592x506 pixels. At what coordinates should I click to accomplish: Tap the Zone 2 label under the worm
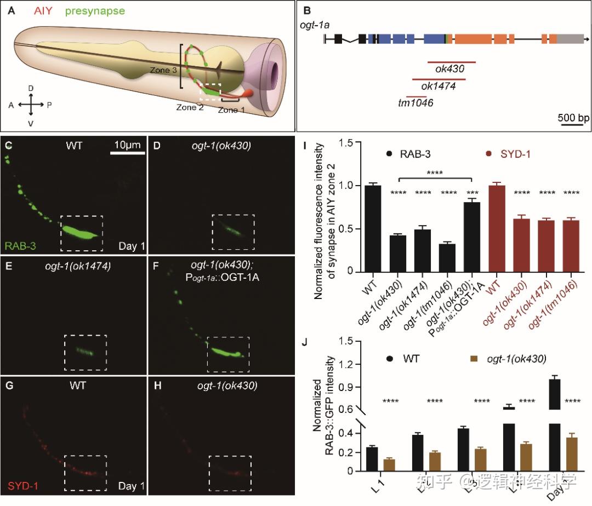coord(190,107)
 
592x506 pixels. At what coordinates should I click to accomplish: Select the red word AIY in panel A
coord(43,10)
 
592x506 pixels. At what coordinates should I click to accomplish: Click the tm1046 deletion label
coord(415,102)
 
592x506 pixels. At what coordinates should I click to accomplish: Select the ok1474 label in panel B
coord(438,86)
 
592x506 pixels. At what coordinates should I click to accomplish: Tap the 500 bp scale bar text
coord(573,118)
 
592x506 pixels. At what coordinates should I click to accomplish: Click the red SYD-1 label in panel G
coord(22,485)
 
